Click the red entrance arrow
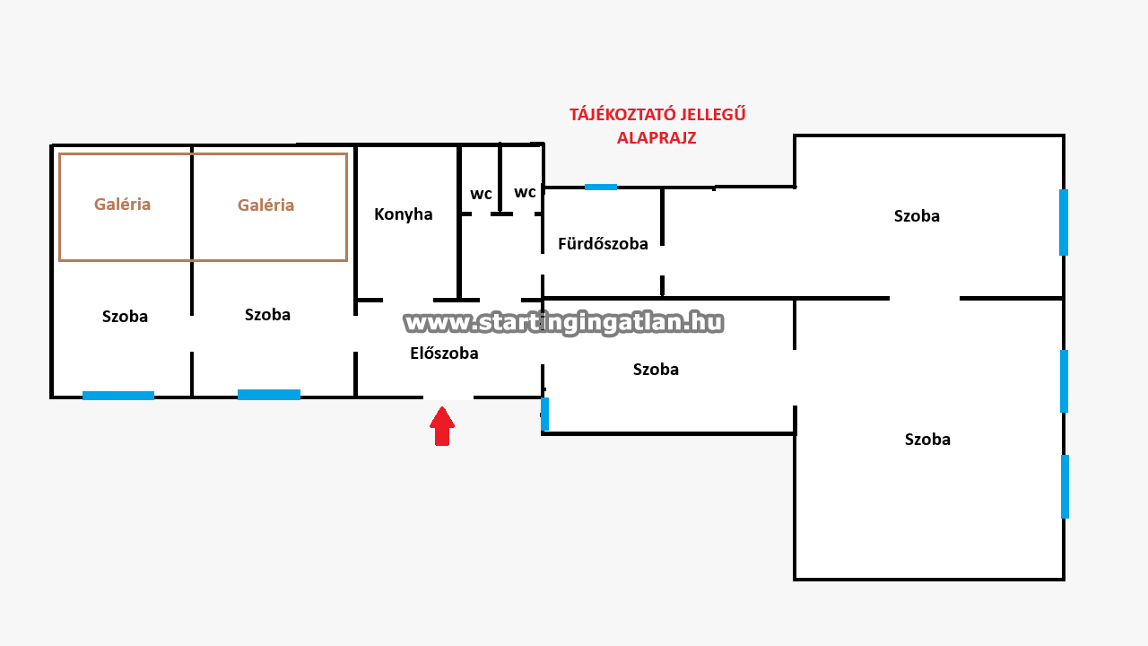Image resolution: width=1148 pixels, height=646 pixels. click(x=441, y=426)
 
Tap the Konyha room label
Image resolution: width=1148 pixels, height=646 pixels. click(x=404, y=214)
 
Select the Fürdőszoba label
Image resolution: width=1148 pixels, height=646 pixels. click(x=603, y=244)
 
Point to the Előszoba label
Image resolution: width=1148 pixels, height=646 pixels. click(x=444, y=354)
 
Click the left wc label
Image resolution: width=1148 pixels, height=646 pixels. click(x=482, y=194)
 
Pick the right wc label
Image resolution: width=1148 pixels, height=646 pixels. click(x=525, y=192)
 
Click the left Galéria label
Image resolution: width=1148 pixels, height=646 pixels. click(x=123, y=205)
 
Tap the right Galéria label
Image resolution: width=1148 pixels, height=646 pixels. click(x=266, y=205)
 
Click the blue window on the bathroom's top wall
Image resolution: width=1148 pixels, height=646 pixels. click(x=601, y=187)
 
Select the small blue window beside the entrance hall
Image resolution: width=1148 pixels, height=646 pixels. click(x=544, y=414)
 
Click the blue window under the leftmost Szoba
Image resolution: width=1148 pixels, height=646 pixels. click(x=118, y=396)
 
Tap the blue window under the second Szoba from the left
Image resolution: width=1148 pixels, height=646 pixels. click(x=269, y=395)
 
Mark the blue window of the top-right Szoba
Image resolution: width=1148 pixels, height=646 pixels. click(x=1064, y=223)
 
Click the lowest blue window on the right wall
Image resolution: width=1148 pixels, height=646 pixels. click(x=1065, y=486)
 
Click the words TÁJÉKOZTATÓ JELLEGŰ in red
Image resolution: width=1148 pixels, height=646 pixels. click(x=657, y=115)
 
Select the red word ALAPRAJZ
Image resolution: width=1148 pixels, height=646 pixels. click(x=657, y=138)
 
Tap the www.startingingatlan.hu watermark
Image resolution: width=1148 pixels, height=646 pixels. click(x=564, y=322)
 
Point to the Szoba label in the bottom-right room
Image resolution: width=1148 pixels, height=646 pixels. click(x=927, y=440)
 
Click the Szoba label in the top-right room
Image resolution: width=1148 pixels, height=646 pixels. click(x=917, y=216)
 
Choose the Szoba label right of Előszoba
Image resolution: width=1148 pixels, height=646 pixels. click(x=656, y=370)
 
